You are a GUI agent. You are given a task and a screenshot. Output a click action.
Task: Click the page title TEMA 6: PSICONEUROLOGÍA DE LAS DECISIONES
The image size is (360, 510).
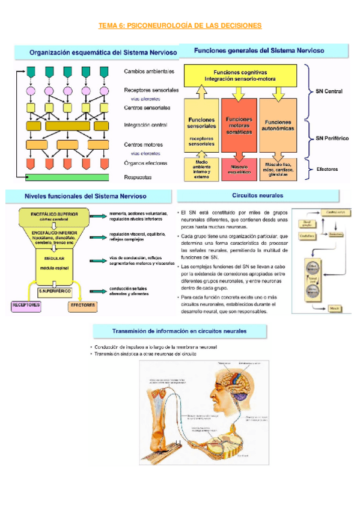180,26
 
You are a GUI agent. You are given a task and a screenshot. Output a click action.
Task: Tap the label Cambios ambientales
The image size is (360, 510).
149,72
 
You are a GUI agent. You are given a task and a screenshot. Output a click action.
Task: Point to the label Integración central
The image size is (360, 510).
145,126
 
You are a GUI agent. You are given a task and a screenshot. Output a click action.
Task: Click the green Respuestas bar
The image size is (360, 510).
67,177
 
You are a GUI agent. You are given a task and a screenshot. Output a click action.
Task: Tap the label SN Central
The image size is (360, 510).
329,92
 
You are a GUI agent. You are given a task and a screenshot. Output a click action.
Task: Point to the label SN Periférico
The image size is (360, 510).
332,138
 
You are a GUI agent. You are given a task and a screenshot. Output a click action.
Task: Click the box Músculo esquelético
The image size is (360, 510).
239,167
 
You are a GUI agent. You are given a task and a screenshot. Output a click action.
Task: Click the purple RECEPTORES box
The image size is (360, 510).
26,305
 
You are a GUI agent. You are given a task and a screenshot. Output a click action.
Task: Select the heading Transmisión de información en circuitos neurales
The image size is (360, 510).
180,331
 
